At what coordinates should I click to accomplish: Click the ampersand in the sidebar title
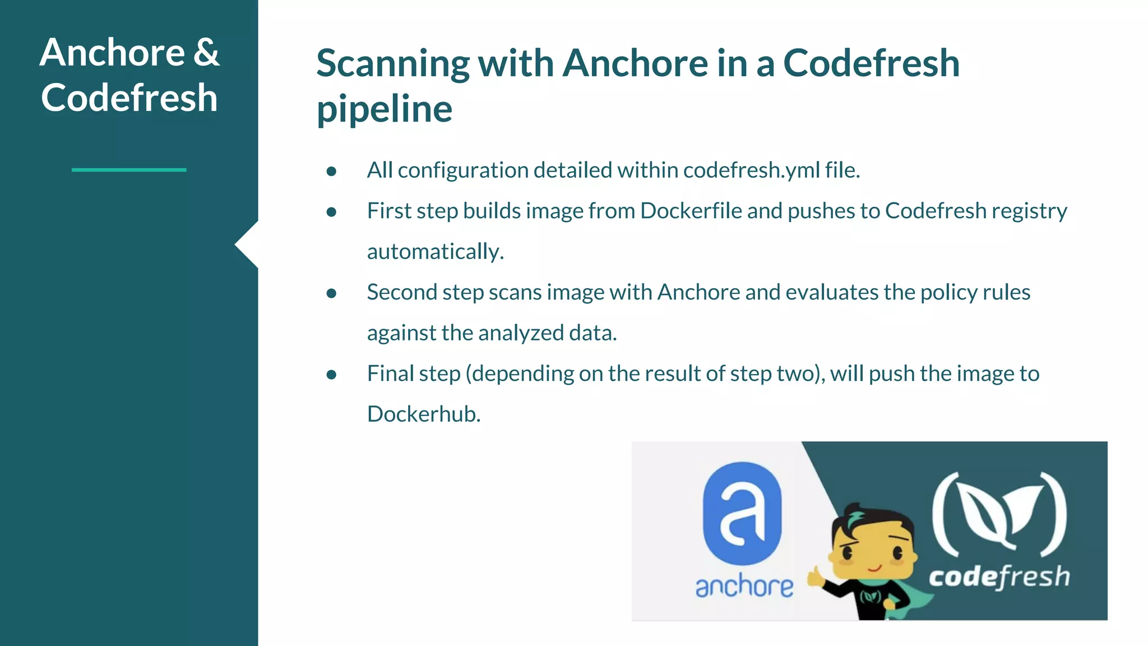coord(206,53)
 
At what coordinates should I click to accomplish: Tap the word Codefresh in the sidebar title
coord(129,98)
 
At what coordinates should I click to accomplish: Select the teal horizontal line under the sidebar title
coord(129,169)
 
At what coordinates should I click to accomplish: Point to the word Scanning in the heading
coord(392,64)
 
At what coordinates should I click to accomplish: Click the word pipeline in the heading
coord(385,109)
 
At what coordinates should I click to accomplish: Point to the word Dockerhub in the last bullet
coord(423,414)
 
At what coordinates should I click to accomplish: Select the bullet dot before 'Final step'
coord(331,375)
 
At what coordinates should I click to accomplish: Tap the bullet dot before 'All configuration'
coord(331,171)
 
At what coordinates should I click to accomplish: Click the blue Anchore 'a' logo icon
coord(742,513)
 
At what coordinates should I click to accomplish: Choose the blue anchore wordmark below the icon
coord(744,587)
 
